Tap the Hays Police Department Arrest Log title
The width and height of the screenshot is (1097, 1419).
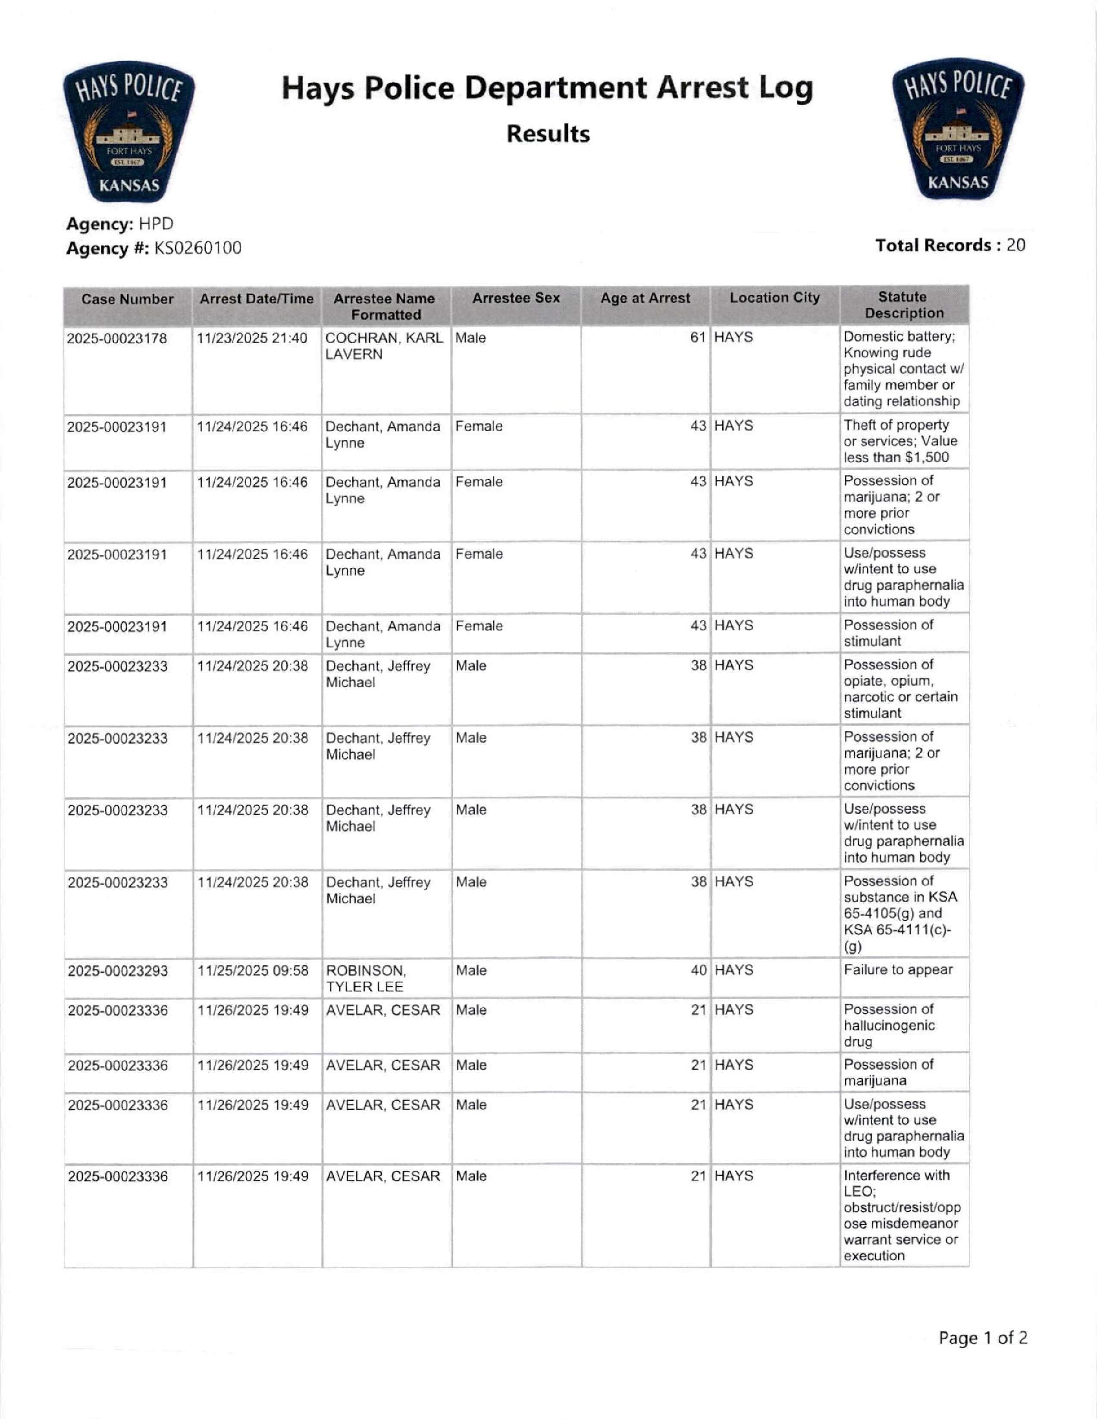click(547, 88)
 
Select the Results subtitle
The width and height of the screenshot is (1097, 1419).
click(548, 134)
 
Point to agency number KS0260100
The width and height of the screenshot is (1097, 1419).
click(197, 248)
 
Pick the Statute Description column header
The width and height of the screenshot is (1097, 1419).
click(903, 305)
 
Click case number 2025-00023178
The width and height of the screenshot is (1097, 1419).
click(117, 338)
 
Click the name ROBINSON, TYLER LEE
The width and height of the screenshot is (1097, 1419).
click(366, 978)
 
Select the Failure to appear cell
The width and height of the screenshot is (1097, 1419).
click(898, 970)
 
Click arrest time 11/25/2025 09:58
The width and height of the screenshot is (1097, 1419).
click(253, 971)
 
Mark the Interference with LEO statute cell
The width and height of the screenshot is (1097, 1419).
click(902, 1215)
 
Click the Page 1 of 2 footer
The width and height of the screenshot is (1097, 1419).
click(983, 1338)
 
